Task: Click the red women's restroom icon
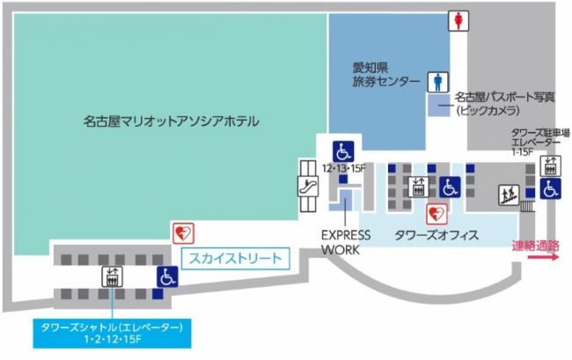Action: coord(458,19)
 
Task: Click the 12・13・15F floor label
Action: coord(344,167)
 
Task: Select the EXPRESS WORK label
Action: coord(345,242)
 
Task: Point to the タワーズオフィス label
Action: coord(436,236)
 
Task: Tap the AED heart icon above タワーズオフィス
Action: coord(436,212)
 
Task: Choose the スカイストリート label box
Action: coord(234,258)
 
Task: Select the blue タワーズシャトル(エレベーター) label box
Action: coord(112,332)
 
